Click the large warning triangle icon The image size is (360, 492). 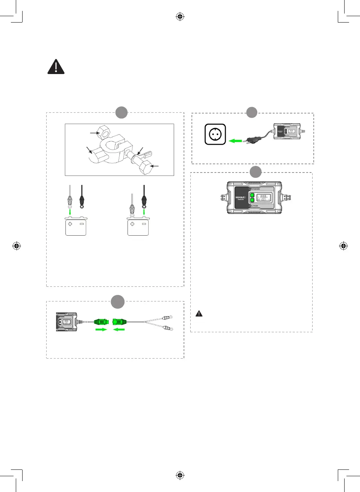coord(56,67)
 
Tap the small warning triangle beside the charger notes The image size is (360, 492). coord(199,313)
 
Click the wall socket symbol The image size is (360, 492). coord(215,134)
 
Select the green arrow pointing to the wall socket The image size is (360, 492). coord(235,141)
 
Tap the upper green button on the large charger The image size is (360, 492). coord(252,195)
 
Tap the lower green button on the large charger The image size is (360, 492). coord(252,200)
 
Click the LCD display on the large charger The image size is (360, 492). coord(264,197)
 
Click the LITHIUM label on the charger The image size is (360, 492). coord(254,206)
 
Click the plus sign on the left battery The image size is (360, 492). coord(70,224)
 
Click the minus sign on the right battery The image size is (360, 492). coord(144,224)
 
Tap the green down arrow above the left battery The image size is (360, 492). coord(70,212)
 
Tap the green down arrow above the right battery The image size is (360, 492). coord(144,212)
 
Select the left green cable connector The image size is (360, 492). coord(101,322)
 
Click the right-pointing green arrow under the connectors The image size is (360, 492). coord(101,330)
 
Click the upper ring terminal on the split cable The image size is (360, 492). coord(170,318)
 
